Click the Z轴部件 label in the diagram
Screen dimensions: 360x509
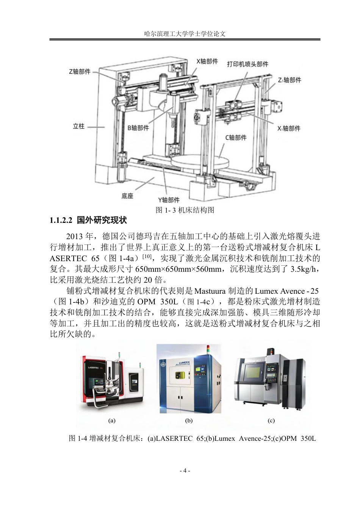click(x=80, y=72)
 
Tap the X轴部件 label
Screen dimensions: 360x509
click(x=207, y=61)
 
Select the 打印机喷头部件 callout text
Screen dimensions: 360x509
click(x=247, y=64)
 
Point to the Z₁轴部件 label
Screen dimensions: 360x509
click(x=290, y=80)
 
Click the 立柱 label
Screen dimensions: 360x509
click(x=78, y=126)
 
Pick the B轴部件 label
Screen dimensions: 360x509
click(x=138, y=128)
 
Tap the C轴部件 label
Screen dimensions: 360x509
click(x=236, y=138)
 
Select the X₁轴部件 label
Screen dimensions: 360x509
click(x=289, y=128)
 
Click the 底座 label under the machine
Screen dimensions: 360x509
click(x=127, y=196)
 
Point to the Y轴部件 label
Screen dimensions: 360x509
click(x=169, y=200)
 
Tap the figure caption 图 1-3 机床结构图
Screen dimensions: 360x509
click(x=185, y=210)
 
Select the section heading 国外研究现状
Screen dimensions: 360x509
click(x=102, y=220)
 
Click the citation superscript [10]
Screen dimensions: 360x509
click(x=147, y=256)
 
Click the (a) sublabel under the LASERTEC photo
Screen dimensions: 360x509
click(x=112, y=421)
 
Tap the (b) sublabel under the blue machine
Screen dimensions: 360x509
click(x=189, y=421)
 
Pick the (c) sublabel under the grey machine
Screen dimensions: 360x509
click(x=271, y=421)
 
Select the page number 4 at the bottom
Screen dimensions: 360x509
click(x=185, y=471)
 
